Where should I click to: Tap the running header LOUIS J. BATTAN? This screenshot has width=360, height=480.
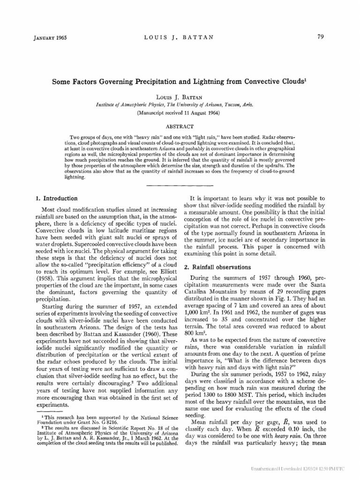tap(180, 38)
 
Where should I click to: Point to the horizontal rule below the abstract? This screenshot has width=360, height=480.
tap(180, 186)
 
